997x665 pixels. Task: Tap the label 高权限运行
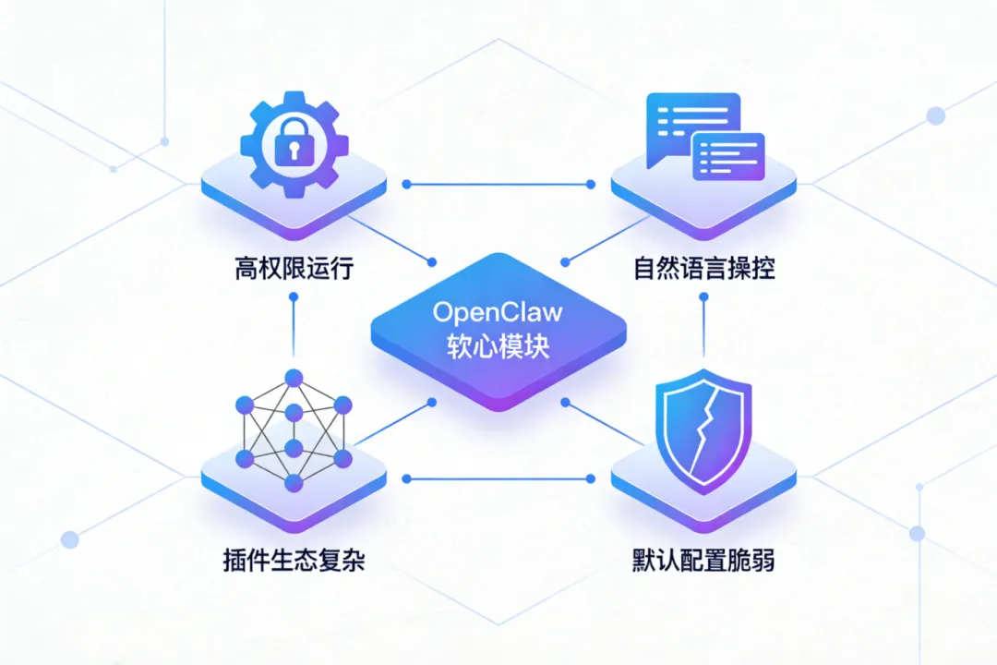click(294, 270)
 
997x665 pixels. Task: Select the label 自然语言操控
click(703, 270)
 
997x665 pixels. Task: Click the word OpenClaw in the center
click(498, 311)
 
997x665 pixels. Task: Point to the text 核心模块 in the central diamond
click(498, 346)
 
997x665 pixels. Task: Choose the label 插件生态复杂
click(294, 560)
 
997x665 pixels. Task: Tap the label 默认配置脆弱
click(703, 560)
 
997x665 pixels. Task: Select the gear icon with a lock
click(294, 142)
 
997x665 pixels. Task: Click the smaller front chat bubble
click(728, 155)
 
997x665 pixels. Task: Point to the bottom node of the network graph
click(294, 482)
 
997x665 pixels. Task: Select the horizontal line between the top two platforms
click(498, 184)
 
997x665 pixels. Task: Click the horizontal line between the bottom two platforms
click(498, 478)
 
